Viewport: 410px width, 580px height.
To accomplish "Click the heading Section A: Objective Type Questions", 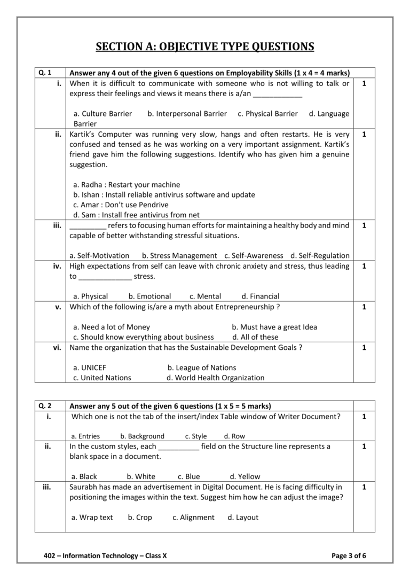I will pyautogui.click(x=205, y=47).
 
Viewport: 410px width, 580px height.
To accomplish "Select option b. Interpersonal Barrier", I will pyautogui.click(x=187, y=114).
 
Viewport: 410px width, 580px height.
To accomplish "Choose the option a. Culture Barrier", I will pyautogui.click(x=102, y=114).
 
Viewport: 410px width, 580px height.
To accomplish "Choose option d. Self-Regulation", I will pyautogui.click(x=320, y=256).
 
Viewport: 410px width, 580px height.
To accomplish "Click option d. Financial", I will pyautogui.click(x=260, y=296).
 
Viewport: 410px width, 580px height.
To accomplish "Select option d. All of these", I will pyautogui.click(x=255, y=337).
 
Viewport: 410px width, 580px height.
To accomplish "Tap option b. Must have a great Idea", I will pyautogui.click(x=274, y=327).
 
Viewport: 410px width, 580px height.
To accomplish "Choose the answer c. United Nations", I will pyautogui.click(x=102, y=378).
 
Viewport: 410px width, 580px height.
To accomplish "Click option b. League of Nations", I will pyautogui.click(x=201, y=367).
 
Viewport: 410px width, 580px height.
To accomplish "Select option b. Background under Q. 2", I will pyautogui.click(x=142, y=436).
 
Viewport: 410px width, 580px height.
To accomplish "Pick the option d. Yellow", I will pyautogui.click(x=245, y=477).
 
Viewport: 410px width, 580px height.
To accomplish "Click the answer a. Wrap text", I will pyautogui.click(x=92, y=518).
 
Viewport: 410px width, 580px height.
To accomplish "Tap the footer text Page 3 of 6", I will pyautogui.click(x=349, y=556).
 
